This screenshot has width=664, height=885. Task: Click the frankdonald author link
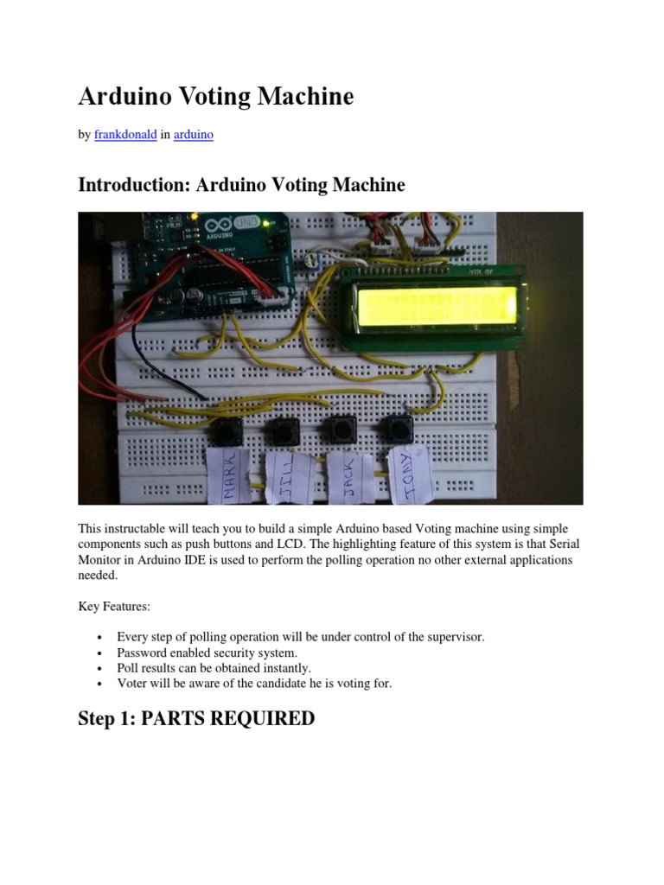click(125, 135)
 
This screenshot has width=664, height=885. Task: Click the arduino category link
click(194, 135)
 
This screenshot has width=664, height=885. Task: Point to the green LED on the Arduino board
click(269, 226)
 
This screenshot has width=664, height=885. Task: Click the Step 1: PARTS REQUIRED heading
click(196, 718)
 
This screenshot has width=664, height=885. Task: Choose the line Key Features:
click(114, 608)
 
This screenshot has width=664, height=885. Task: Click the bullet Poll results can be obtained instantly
click(214, 668)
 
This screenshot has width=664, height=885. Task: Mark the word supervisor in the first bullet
click(456, 637)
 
